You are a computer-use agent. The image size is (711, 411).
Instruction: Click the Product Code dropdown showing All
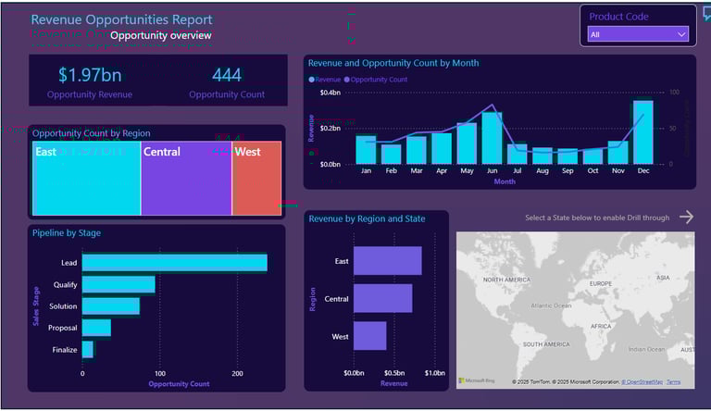coord(638,34)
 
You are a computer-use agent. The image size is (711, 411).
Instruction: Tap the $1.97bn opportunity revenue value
coord(90,75)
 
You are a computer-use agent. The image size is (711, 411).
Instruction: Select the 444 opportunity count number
coord(226,75)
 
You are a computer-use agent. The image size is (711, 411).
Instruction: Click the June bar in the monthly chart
coord(492,138)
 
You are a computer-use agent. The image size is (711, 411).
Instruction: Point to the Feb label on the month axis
coord(391,171)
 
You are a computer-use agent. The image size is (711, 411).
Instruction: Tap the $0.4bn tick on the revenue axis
coord(330,93)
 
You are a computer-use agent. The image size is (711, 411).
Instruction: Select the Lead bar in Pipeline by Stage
coord(174,263)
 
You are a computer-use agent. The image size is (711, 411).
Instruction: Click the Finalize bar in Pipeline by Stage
coord(88,349)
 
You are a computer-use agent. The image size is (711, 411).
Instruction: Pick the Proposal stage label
coord(62,328)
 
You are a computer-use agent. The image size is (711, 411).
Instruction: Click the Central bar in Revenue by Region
coord(382,298)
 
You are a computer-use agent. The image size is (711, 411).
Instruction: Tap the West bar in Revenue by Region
coord(369,335)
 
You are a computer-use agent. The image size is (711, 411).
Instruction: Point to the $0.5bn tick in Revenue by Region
coord(393,373)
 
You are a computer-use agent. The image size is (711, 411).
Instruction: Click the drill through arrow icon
coord(686,217)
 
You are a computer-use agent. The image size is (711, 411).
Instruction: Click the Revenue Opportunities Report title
coord(121,19)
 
